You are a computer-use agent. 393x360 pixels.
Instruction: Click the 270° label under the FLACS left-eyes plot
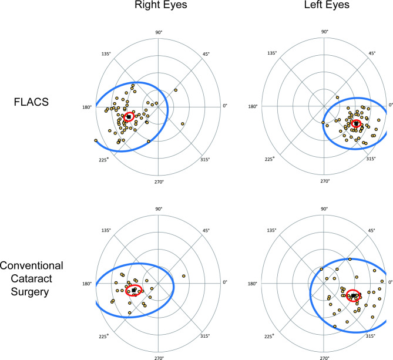(325, 181)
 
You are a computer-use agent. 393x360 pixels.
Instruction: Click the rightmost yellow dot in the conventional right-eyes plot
(184, 276)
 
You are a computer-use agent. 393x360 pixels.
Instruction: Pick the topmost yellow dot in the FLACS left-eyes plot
(337, 97)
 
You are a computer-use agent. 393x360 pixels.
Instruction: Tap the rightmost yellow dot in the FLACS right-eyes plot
(183, 123)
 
